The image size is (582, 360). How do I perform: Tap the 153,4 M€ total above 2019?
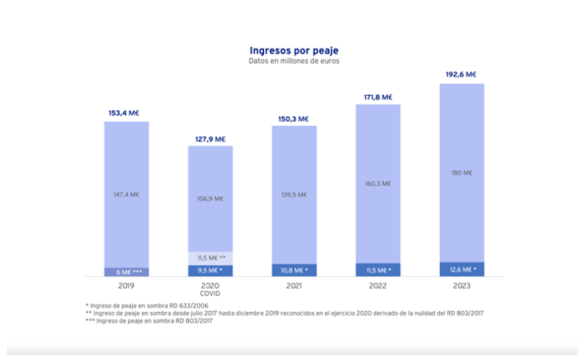pos(126,113)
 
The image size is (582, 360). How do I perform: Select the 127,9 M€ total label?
pos(210,138)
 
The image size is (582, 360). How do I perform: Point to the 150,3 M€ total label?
pos(294,118)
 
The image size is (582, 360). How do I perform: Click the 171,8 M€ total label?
pos(378,97)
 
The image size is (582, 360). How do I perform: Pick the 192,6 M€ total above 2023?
pos(461,75)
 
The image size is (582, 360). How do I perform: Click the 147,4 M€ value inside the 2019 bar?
pos(126,194)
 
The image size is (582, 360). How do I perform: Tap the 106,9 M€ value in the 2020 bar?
pos(210,199)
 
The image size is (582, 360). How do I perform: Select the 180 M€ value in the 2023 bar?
pos(461,173)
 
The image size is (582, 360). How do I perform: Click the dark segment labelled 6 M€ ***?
pos(126,272)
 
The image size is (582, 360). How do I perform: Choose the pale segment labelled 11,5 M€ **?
pos(210,257)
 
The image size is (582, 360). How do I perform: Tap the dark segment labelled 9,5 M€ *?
pos(210,271)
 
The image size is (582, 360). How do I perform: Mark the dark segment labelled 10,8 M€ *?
pos(294,270)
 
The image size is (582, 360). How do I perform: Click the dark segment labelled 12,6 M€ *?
pos(461,269)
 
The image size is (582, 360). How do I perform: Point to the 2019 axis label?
pos(126,286)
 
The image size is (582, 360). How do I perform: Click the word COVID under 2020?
pos(210,294)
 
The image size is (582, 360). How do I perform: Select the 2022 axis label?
pos(378,286)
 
